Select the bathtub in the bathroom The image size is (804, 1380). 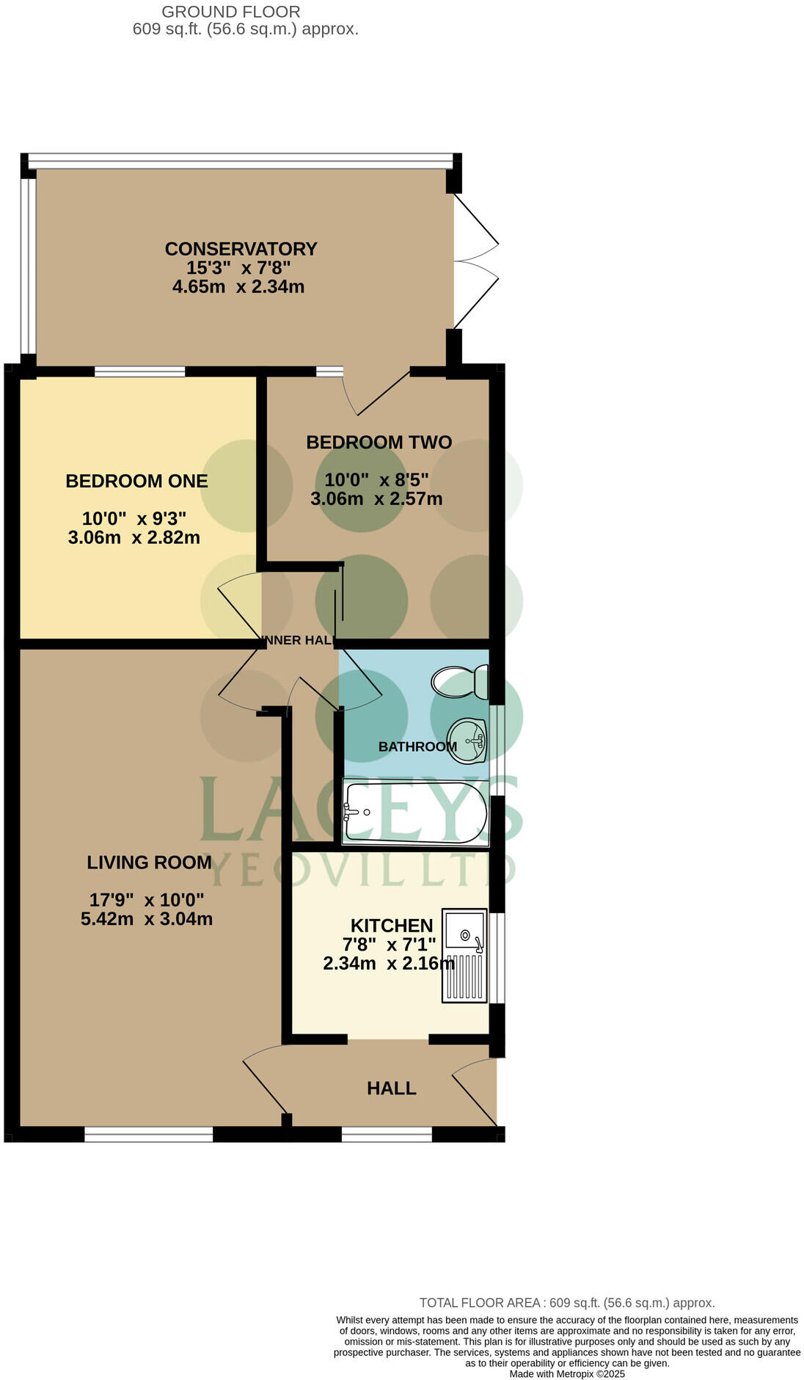(415, 813)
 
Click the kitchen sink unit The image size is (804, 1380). (464, 955)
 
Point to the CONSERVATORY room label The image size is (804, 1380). (241, 249)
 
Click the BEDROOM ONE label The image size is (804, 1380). (136, 481)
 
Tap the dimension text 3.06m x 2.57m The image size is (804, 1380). (376, 499)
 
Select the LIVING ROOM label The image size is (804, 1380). (149, 862)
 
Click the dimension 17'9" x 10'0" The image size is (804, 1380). (147, 899)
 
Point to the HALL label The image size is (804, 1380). (391, 1088)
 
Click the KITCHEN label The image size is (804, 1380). (392, 925)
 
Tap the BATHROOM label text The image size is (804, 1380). (417, 747)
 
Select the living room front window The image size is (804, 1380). (148, 1135)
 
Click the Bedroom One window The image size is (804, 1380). (139, 371)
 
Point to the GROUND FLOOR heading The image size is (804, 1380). (230, 12)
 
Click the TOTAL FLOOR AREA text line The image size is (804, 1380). (566, 1303)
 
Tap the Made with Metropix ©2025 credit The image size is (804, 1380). (566, 1373)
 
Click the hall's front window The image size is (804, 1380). (387, 1135)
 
